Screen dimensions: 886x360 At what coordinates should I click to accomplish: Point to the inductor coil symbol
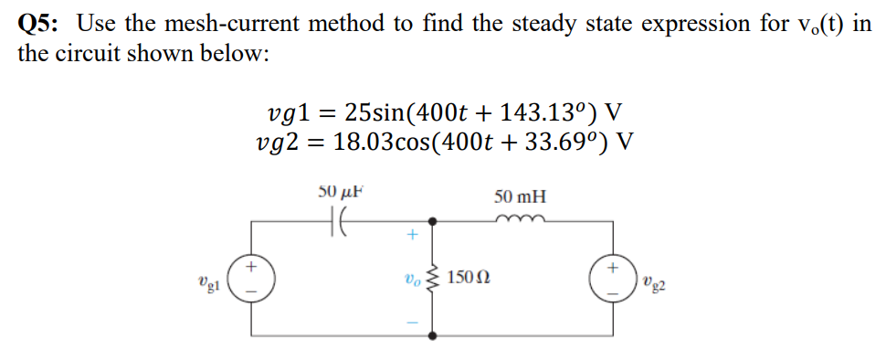518,218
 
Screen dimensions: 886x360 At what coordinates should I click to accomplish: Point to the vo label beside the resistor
409,278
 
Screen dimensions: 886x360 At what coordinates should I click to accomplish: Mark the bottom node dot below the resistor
432,334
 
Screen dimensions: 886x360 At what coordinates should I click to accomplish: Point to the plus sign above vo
412,236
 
